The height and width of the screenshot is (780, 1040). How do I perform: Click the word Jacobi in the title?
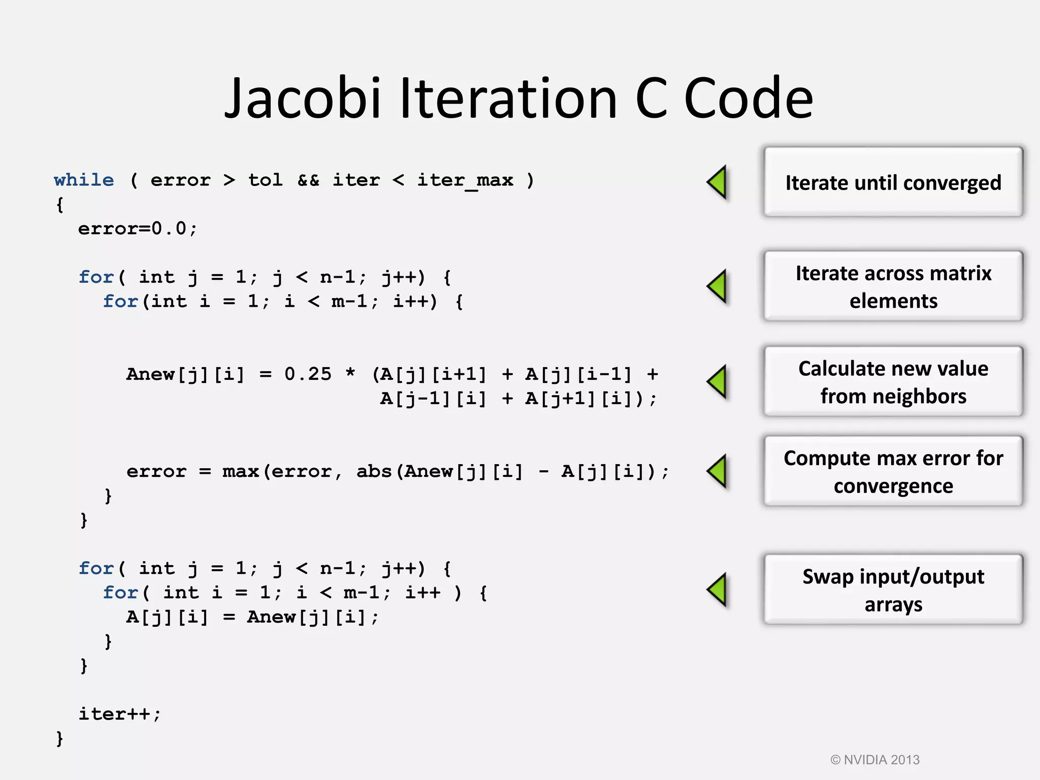click(303, 99)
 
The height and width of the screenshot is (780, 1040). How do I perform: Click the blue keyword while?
click(84, 180)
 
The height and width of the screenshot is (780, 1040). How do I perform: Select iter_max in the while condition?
click(465, 180)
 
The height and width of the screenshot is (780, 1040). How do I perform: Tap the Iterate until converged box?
click(893, 182)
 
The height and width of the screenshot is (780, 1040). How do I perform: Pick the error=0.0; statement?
click(137, 229)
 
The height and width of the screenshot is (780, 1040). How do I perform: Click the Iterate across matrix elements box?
click(893, 286)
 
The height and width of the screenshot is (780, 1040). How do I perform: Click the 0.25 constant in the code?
click(308, 374)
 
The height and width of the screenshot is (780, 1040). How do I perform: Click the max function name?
click(240, 471)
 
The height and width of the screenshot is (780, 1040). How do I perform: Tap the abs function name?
click(374, 471)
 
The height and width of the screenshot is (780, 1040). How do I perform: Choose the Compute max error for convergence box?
click(893, 471)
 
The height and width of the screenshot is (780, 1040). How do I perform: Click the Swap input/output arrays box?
click(893, 590)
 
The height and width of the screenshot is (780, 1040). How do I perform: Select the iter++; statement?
click(120, 714)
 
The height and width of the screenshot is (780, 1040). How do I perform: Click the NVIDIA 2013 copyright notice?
click(874, 760)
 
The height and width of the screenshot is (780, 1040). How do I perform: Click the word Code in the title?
click(749, 99)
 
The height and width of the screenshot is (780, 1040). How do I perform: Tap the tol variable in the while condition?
click(265, 180)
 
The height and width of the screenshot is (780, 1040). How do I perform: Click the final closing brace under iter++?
click(60, 738)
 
